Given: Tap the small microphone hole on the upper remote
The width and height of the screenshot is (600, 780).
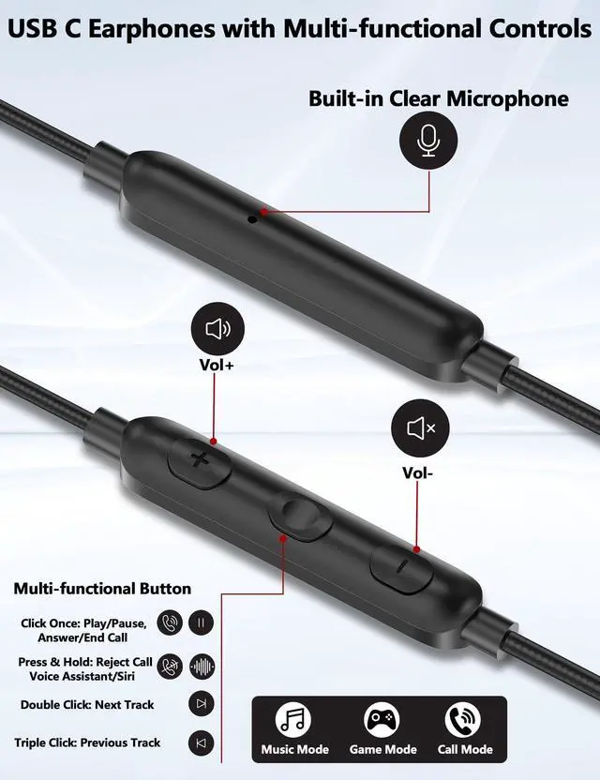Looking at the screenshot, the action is pos(251,219).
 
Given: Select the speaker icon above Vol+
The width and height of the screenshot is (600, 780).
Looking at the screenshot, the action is pos(217,329).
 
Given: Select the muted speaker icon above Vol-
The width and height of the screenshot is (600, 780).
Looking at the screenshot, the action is pos(418,428).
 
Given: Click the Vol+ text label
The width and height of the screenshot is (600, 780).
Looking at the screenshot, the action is pos(217,366).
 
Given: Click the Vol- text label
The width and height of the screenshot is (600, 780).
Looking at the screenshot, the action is pos(418,472).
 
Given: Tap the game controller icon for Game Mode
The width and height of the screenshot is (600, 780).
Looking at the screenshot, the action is pos(381,720).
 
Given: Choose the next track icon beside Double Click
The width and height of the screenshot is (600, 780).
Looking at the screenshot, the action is pos(202,704).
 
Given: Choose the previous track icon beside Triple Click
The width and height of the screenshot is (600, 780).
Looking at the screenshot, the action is pos(202,743).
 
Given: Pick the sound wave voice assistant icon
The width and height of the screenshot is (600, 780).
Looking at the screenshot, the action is pos(202,667).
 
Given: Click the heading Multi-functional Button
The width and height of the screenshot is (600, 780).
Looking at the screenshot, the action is pos(102,589).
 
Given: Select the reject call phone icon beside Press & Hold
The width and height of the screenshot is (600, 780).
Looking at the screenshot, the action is pos(170,667).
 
